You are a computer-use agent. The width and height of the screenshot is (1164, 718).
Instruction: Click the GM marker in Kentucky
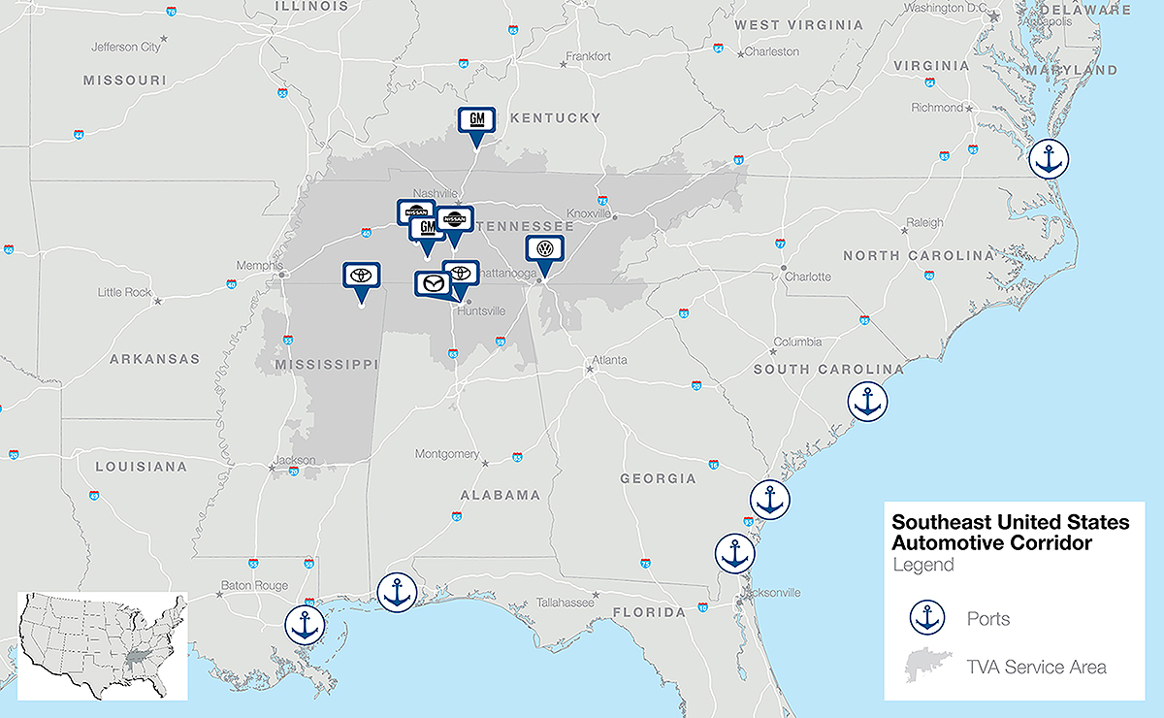(x=476, y=121)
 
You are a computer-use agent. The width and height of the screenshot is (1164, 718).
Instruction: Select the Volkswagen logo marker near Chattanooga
(x=545, y=249)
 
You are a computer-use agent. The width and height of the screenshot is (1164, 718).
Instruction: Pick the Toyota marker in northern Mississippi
(x=361, y=276)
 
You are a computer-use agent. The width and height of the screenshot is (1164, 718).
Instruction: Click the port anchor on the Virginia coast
(x=1048, y=158)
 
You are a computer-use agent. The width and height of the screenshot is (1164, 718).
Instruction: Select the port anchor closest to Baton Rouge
(x=306, y=624)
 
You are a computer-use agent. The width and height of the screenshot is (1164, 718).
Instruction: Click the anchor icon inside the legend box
(x=928, y=617)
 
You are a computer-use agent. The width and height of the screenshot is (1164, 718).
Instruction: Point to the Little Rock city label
(x=124, y=292)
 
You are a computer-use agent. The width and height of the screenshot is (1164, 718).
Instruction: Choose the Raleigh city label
(x=924, y=222)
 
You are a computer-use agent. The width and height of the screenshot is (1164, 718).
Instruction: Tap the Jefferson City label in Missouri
(x=126, y=47)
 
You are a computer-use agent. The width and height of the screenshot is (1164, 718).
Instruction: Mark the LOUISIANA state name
(x=141, y=467)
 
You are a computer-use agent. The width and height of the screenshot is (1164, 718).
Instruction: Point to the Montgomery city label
(x=447, y=454)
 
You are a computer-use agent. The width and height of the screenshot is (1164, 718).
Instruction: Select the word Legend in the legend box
(x=922, y=565)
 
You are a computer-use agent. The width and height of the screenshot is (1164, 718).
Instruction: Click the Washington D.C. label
(x=944, y=9)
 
